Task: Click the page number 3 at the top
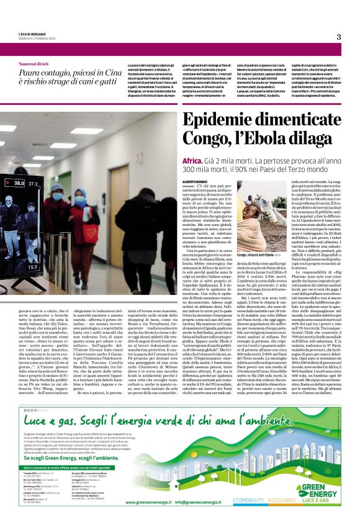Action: click(x=339, y=37)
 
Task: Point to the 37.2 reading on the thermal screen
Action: click(x=33, y=184)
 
